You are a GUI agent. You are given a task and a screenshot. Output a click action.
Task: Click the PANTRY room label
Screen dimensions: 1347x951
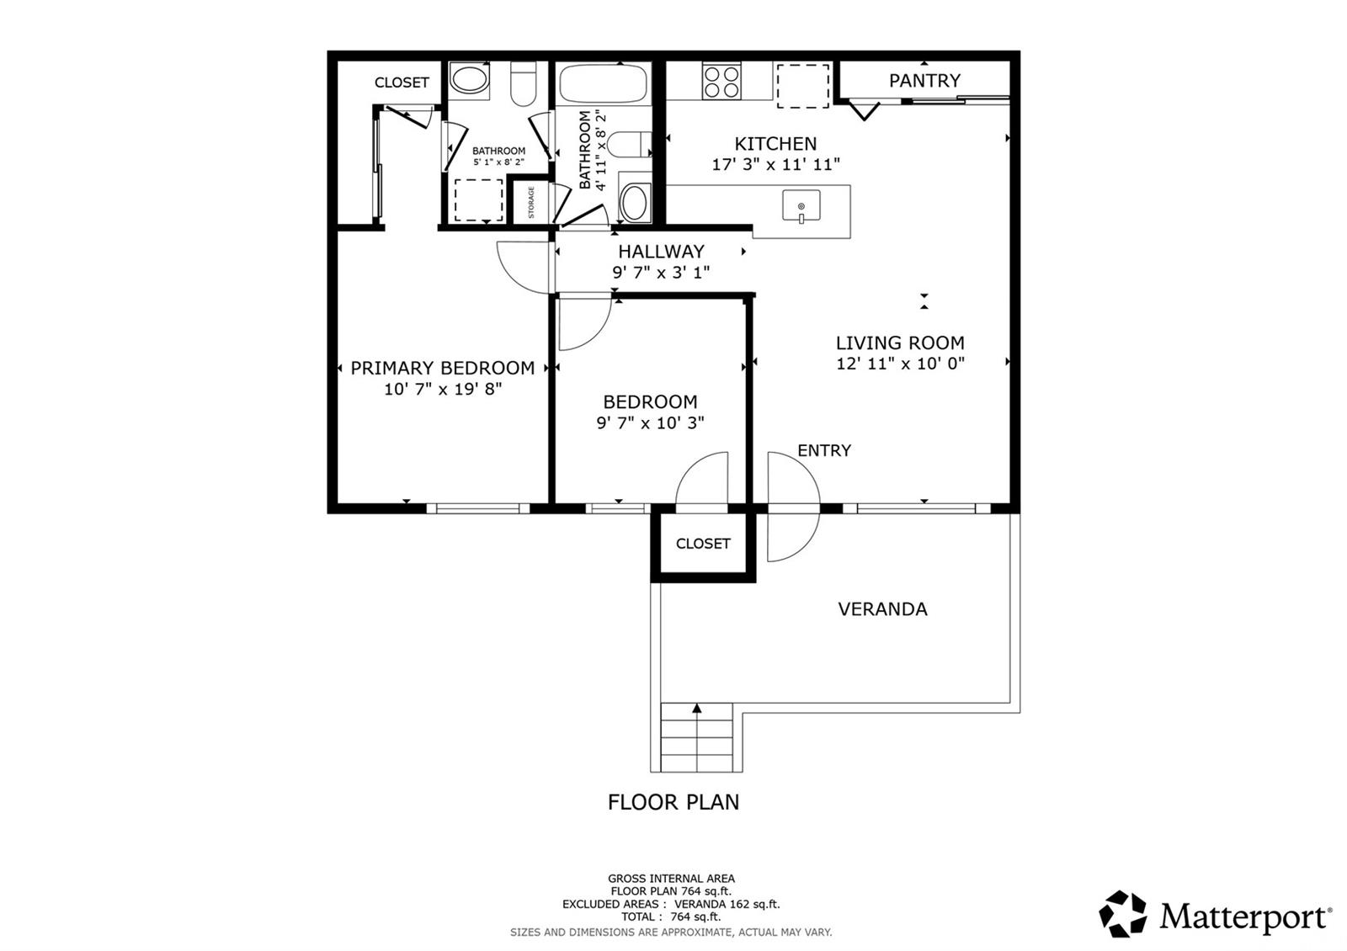pos(924,81)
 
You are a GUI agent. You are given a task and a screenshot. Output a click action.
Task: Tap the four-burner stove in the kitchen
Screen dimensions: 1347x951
pos(721,81)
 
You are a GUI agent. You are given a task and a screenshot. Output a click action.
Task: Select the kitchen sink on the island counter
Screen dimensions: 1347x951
pos(801,206)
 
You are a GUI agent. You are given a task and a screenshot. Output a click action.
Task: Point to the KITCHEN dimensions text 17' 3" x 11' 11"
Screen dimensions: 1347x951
pos(775,164)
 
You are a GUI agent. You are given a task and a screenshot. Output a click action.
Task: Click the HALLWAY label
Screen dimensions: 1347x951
pos(661,252)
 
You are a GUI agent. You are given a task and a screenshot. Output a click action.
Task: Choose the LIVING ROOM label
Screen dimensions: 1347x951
pos(900,343)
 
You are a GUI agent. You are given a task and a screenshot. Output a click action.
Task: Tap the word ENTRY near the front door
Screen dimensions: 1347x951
pos(824,450)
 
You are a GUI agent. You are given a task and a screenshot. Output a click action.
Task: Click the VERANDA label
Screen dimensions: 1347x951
pos(882,609)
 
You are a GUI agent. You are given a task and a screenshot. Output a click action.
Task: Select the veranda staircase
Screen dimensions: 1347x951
pos(696,737)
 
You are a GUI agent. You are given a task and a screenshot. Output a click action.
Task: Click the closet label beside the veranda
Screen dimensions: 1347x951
pos(702,544)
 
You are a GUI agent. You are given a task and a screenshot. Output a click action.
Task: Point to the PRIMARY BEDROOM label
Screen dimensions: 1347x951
pos(443,368)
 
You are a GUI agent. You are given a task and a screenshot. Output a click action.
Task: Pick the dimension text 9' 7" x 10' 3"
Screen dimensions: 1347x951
pos(650,422)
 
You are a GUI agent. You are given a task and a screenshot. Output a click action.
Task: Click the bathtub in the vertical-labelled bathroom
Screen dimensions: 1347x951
pos(603,83)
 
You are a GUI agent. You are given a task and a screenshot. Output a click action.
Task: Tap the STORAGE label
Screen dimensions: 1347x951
pos(531,203)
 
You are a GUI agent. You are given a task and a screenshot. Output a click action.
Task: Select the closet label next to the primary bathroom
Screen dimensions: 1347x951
pos(402,82)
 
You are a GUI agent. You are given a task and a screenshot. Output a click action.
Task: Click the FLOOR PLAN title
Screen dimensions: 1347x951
pos(673,802)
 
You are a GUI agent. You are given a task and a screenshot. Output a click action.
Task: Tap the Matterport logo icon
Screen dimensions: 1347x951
pos(1123,914)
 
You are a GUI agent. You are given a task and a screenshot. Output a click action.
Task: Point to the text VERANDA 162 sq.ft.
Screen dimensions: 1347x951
pos(727,904)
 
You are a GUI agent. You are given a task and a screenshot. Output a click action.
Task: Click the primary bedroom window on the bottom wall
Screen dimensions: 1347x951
pos(478,508)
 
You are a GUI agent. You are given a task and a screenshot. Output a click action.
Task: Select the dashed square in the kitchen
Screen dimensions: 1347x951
pos(803,87)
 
